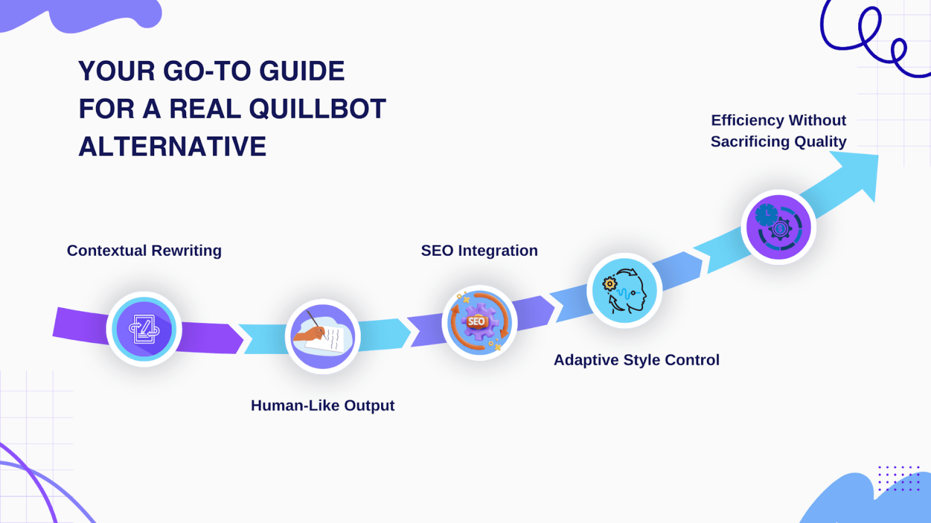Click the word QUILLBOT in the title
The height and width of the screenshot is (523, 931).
[318, 108]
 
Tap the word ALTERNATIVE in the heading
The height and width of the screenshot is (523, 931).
[172, 146]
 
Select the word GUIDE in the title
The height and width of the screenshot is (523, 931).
[302, 71]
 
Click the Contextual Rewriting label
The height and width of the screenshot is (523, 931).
[144, 250]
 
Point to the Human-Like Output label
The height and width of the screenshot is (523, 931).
[322, 405]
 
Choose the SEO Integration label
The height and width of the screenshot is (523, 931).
[479, 250]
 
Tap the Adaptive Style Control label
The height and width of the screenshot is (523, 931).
[636, 360]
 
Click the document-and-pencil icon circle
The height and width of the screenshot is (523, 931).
[144, 329]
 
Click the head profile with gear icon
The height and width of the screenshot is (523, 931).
[625, 291]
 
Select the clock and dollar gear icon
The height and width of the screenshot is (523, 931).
[779, 227]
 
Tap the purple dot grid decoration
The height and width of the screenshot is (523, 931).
[899, 478]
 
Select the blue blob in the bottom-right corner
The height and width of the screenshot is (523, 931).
[863, 504]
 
